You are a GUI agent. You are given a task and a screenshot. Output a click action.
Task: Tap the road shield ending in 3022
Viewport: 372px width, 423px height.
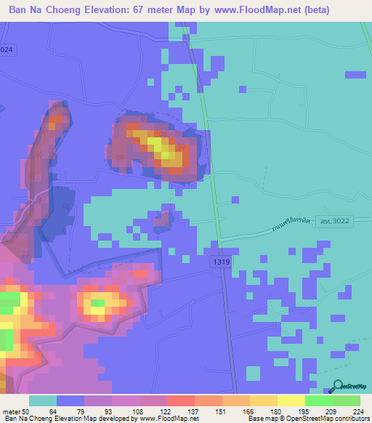pyautogui.click(x=335, y=227)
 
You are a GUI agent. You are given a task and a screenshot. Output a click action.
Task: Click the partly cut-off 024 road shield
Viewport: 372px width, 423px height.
pyautogui.click(x=6, y=48)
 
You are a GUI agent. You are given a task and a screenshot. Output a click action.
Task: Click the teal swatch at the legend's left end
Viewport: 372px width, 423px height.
pyautogui.click(x=43, y=400)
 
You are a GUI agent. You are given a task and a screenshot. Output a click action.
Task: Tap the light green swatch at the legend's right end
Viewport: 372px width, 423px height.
pyautogui.click(x=346, y=400)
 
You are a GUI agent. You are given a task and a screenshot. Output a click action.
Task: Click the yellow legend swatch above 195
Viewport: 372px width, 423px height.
pyautogui.click(x=291, y=400)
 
